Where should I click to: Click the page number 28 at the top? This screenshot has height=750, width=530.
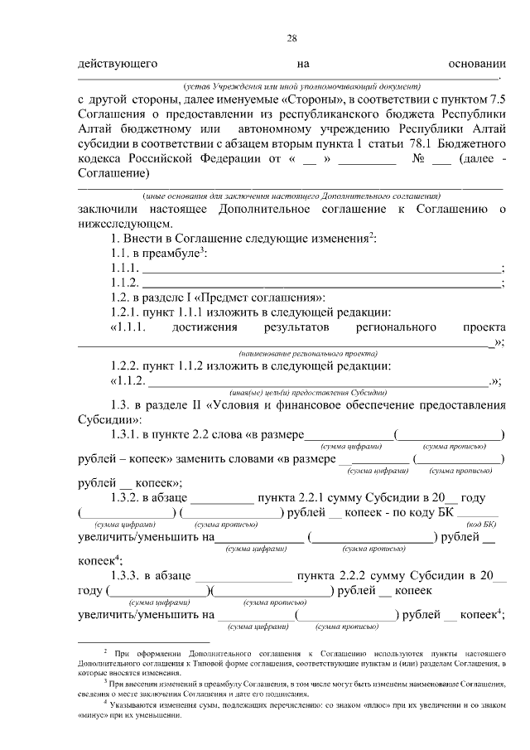pyautogui.click(x=291, y=38)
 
